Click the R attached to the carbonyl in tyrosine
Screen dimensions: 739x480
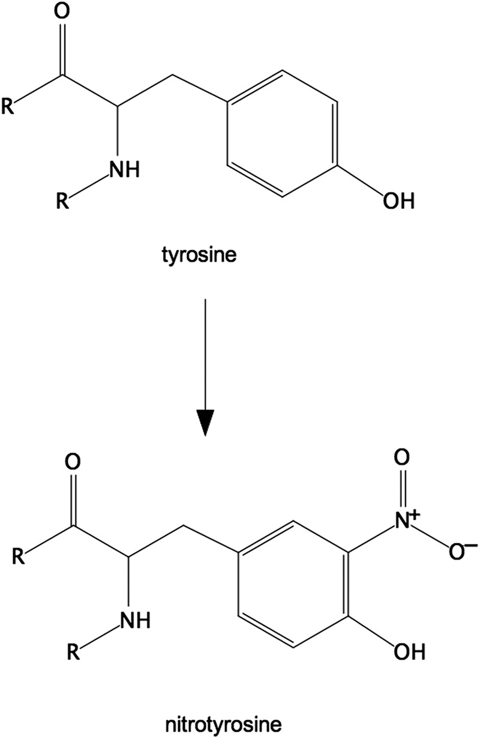point(10,109)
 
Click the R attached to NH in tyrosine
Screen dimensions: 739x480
point(61,202)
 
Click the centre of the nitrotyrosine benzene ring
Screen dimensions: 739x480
point(292,582)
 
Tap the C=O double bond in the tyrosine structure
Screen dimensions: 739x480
point(64,51)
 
